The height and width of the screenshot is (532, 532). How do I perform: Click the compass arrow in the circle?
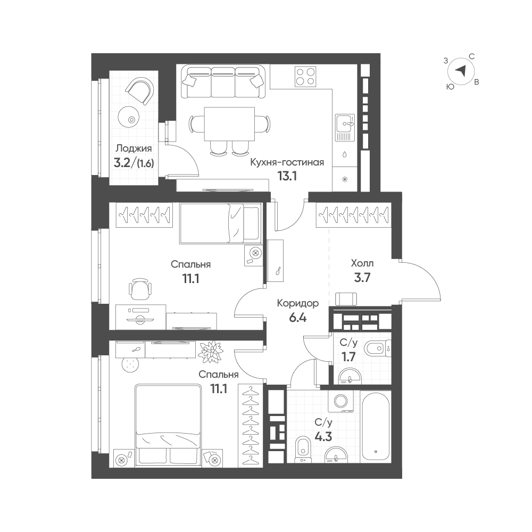460,71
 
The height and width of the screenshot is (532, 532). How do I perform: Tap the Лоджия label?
134,148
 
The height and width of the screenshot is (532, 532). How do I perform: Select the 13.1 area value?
287,177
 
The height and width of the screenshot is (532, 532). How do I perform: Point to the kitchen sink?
345,128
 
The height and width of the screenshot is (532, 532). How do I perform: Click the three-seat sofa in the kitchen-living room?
223,82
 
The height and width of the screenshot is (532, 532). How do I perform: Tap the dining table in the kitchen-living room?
229,124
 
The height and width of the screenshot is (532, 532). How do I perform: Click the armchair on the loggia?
140,90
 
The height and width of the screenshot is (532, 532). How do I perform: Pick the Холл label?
362,263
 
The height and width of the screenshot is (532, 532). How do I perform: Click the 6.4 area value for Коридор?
297,318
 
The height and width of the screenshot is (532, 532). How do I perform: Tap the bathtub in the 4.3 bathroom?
376,428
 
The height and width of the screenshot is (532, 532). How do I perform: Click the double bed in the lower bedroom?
168,426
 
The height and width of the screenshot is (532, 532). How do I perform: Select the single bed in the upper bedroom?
220,223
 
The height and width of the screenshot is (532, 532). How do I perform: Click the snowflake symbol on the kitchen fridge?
345,179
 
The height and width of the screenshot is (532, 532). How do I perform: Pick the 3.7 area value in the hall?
362,278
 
